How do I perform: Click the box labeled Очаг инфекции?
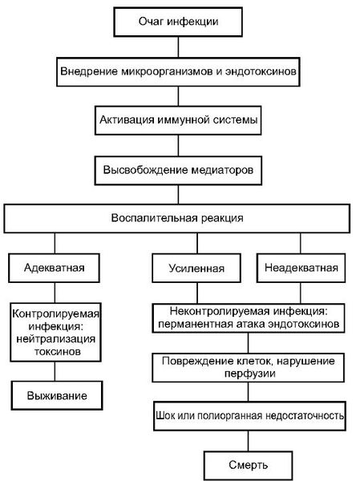tap(178, 22)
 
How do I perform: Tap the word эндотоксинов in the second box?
tap(261, 71)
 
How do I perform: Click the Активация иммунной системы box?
tap(178, 120)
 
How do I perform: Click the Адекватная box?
tap(54, 268)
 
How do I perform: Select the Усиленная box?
tap(196, 268)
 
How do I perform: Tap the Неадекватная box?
tap(301, 268)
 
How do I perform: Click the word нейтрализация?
tap(56, 339)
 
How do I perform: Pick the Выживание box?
tap(57, 396)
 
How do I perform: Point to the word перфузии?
tap(249, 374)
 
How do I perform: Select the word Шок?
tap(166, 415)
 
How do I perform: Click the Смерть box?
tap(248, 465)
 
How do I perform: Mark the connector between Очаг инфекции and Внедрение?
tap(178, 47)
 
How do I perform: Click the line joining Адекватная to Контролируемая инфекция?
tap(55, 293)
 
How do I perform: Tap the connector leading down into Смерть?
tap(249, 441)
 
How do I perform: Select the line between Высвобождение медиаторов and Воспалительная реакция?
tap(178, 195)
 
